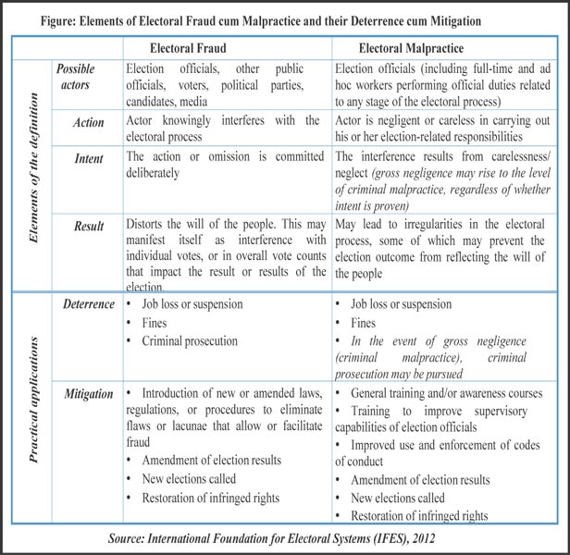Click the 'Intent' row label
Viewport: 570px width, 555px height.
click(89, 159)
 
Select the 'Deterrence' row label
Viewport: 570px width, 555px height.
click(89, 302)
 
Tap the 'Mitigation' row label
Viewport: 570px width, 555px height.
click(89, 393)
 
